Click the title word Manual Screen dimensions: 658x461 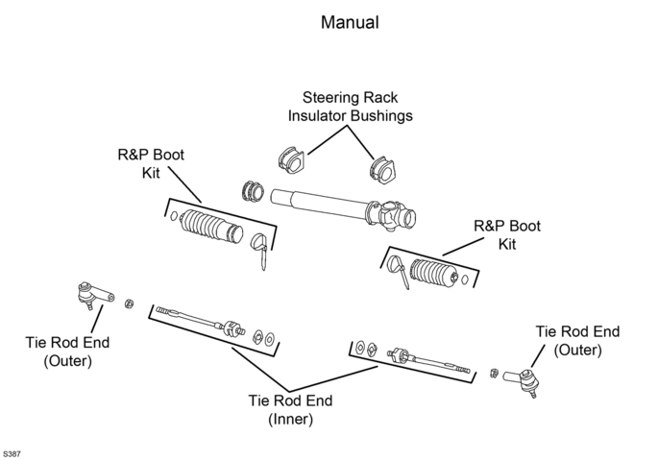pyautogui.click(x=350, y=22)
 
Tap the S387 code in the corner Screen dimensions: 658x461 pyautogui.click(x=12, y=454)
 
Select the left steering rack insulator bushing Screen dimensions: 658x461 pyautogui.click(x=292, y=159)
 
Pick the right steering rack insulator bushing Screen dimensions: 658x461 pyautogui.click(x=382, y=170)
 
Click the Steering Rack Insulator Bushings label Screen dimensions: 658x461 pyautogui.click(x=350, y=107)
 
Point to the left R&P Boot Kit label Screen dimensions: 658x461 pyautogui.click(x=151, y=163)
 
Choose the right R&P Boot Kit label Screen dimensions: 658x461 pyautogui.click(x=507, y=235)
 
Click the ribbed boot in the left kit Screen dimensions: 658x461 pyautogui.click(x=212, y=226)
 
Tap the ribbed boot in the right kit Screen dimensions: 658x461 pyautogui.click(x=434, y=273)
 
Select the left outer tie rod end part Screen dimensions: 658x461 pyautogui.click(x=96, y=295)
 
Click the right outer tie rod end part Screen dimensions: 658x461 pyautogui.click(x=522, y=381)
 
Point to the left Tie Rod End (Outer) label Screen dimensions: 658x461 pyautogui.click(x=67, y=352)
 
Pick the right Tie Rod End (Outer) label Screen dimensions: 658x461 pyautogui.click(x=577, y=341)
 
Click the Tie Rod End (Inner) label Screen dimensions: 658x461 pyautogui.click(x=290, y=409)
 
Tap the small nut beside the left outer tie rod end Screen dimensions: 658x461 pyautogui.click(x=130, y=303)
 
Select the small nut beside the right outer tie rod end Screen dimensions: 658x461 pyautogui.click(x=495, y=373)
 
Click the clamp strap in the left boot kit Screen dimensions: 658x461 pyautogui.click(x=260, y=251)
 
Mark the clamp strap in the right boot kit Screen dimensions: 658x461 pyautogui.click(x=398, y=271)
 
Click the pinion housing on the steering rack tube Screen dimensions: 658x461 pyautogui.click(x=391, y=214)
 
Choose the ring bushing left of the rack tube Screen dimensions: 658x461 pyautogui.click(x=253, y=192)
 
